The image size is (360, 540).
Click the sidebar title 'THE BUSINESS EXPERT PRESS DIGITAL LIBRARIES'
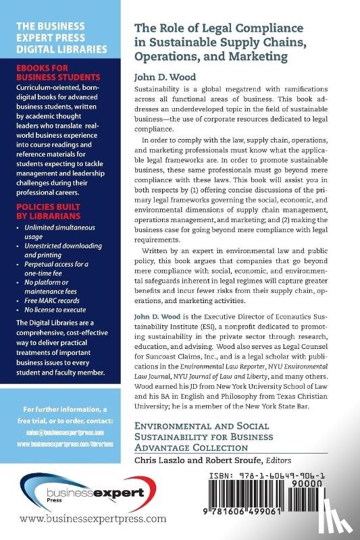click(x=59, y=39)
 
